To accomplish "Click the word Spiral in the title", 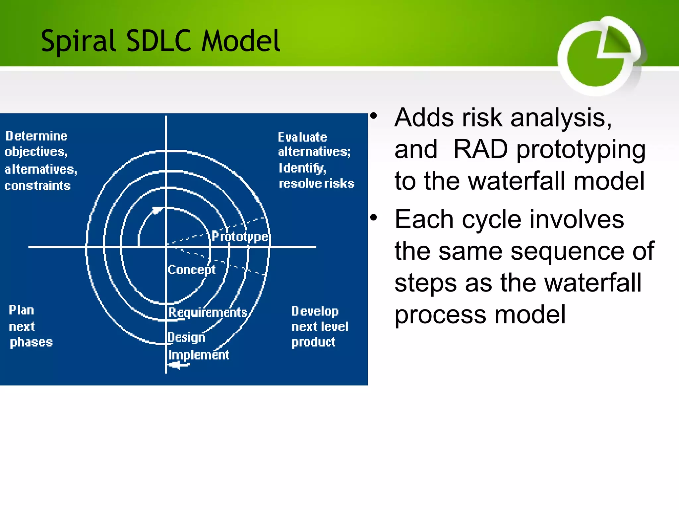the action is (78, 41).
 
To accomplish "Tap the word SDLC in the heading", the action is (159, 41).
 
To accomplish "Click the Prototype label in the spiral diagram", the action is (240, 236).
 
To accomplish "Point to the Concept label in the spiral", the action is (192, 270).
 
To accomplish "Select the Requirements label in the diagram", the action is (208, 312).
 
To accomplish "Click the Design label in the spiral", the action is (186, 337).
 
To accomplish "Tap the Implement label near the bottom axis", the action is (198, 355).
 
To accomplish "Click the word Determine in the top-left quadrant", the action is (36, 136).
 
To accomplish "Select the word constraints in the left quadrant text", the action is (38, 186).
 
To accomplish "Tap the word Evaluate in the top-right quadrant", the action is (302, 137).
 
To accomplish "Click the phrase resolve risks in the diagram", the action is (317, 184).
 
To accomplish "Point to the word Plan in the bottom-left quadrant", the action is (21, 310).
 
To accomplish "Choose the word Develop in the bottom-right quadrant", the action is (315, 311).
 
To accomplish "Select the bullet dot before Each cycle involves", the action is (374, 218).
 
